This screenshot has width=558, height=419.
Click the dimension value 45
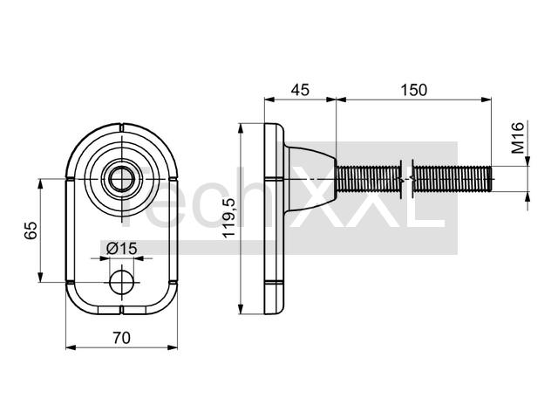pos(300,90)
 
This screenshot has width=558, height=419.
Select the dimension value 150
pos(413,90)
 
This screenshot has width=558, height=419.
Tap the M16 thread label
pos(518,138)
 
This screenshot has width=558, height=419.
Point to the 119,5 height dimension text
pos(228,218)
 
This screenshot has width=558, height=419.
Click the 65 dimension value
pos(31,230)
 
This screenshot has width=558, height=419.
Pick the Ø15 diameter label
pos(121,248)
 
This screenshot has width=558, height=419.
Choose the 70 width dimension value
pos(122,338)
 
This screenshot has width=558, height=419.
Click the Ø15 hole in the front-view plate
pos(122,282)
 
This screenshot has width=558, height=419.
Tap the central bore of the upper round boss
pos(122,179)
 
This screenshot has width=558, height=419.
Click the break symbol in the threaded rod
pos(406,179)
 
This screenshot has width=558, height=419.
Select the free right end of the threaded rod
pos(491,179)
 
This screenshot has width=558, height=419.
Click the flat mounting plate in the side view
pos(274,219)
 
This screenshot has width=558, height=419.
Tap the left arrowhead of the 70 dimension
pos(71,347)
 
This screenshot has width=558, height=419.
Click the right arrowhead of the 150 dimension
pos(487,100)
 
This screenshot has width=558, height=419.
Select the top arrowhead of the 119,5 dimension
pos(241,128)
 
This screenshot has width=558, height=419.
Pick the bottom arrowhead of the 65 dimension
pos(40,277)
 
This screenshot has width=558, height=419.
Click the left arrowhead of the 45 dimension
pos(269,100)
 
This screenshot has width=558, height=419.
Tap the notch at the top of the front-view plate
pos(121,127)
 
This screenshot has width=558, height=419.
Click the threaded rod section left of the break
pos(369,179)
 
